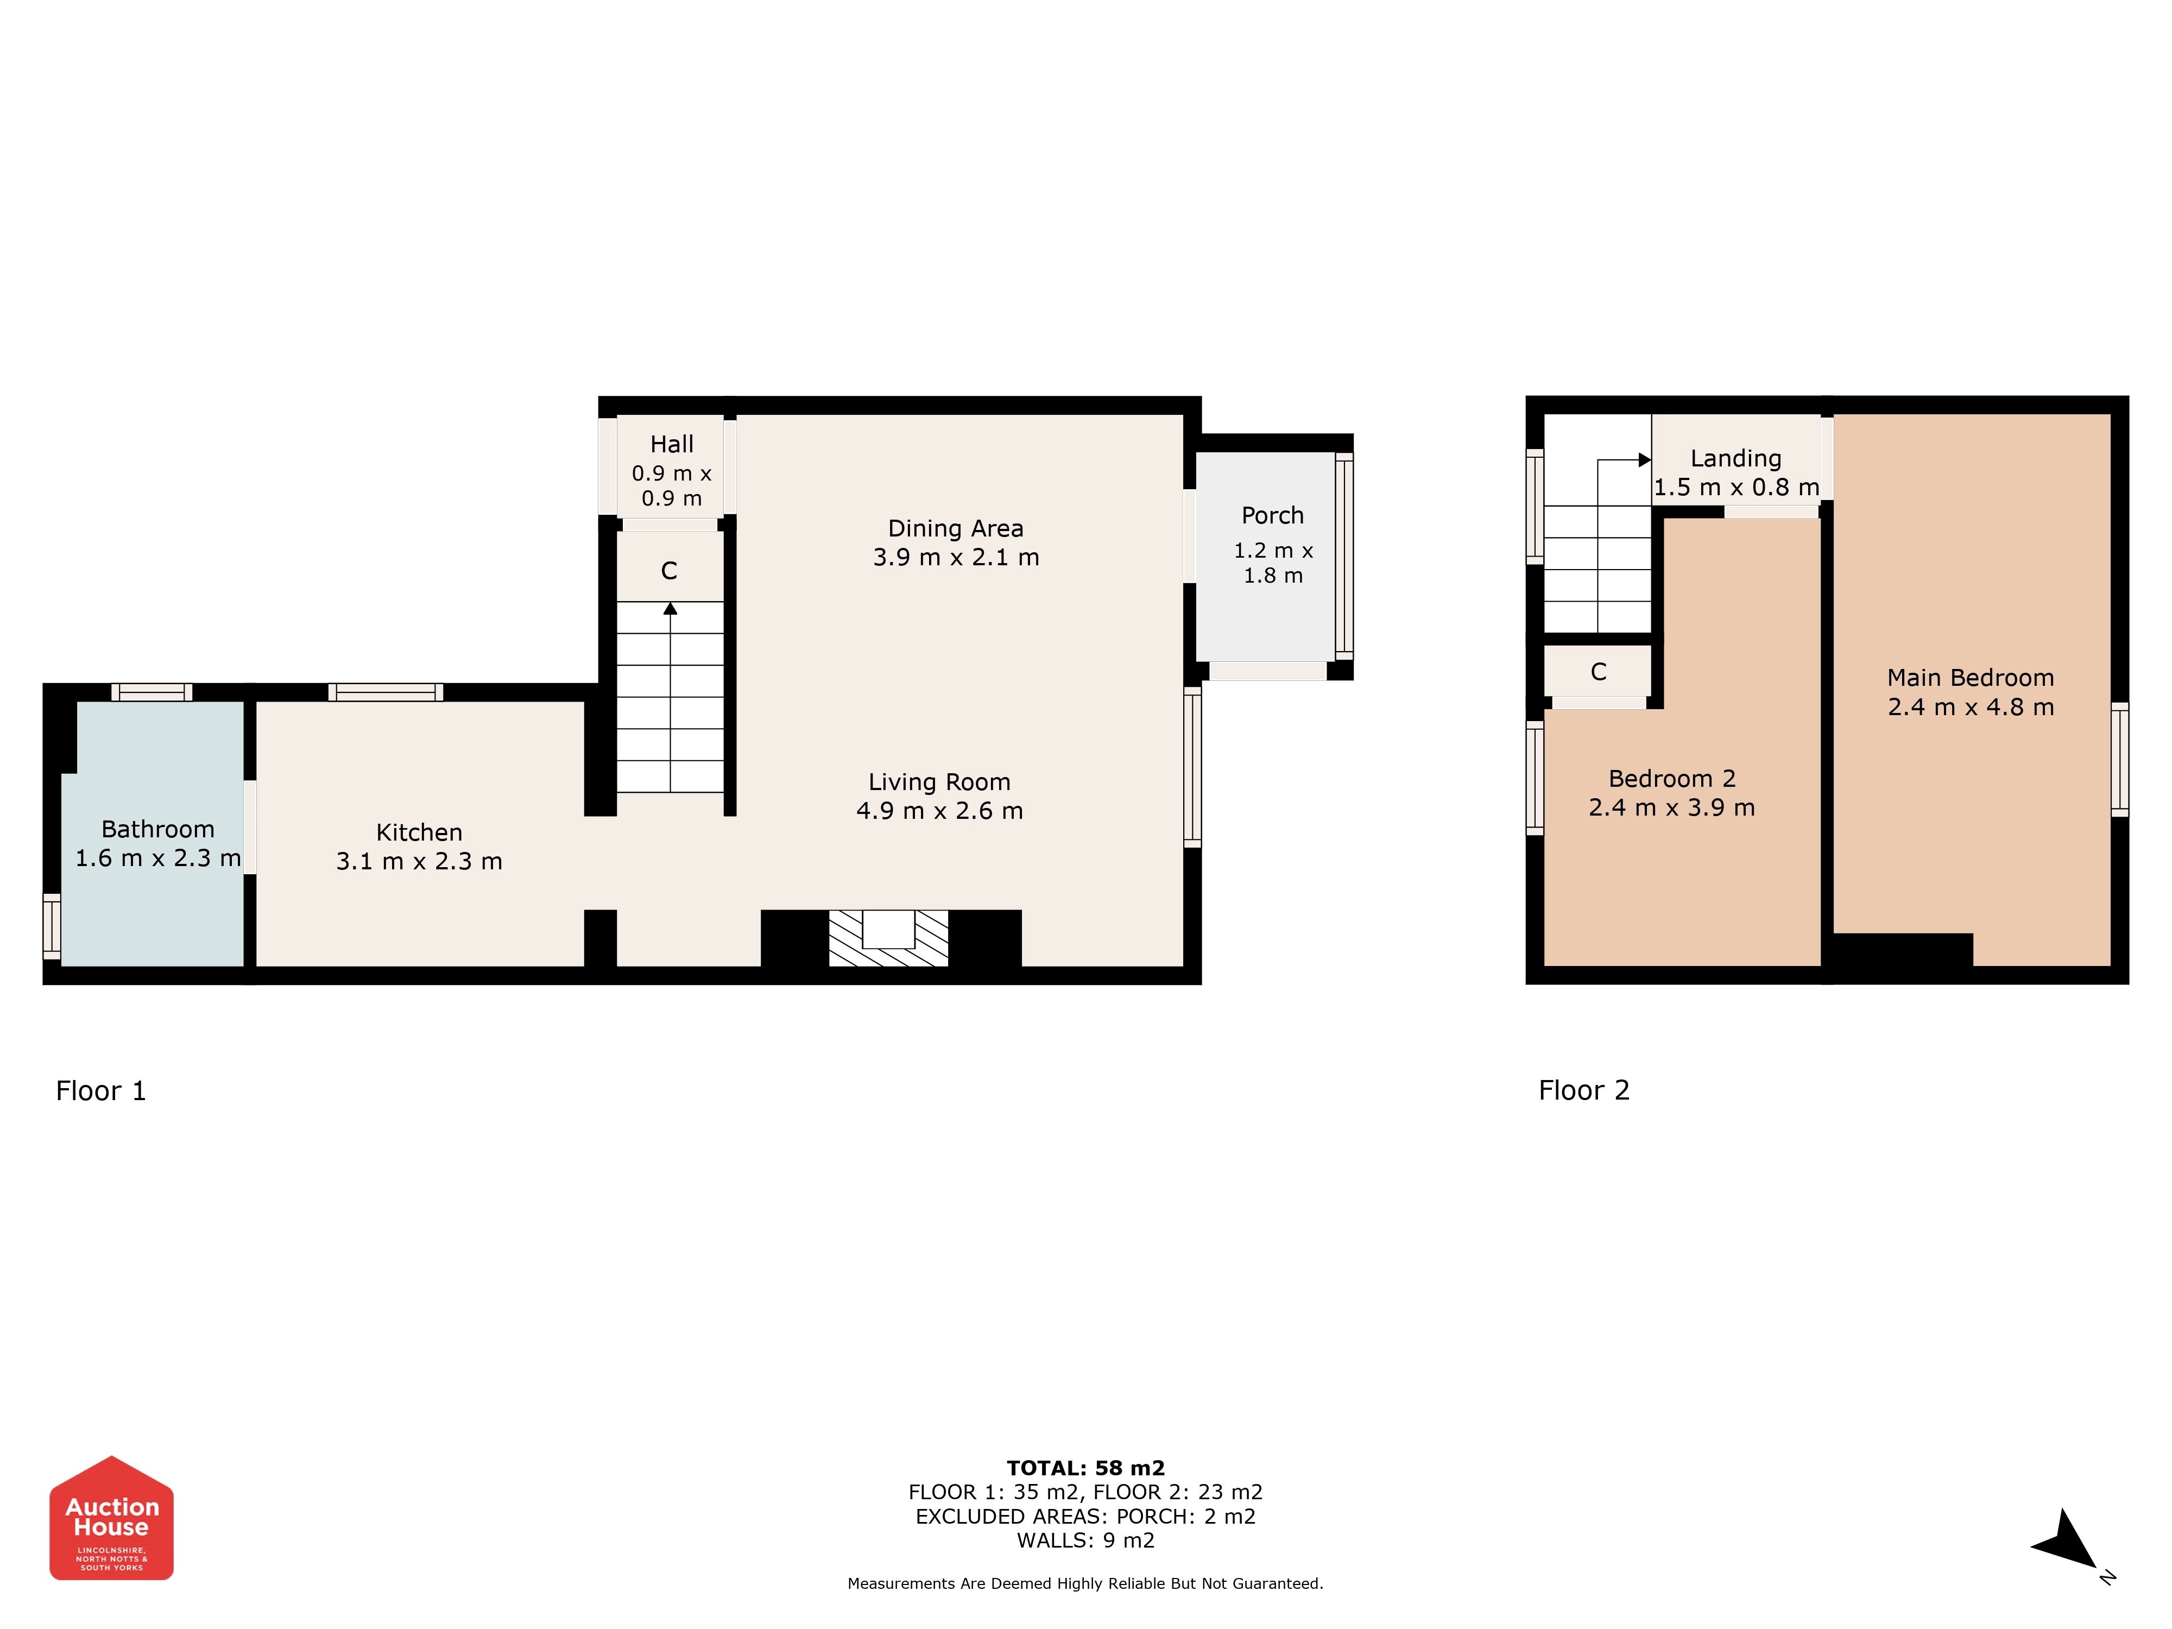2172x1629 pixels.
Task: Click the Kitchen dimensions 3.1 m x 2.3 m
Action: click(x=419, y=861)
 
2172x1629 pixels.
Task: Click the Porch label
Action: click(x=1273, y=515)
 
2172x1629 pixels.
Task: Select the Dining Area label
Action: click(x=955, y=528)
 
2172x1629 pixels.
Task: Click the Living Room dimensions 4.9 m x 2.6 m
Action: click(x=940, y=811)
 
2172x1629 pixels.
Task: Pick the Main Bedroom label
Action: click(x=1971, y=678)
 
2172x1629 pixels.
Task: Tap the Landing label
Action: click(x=1736, y=458)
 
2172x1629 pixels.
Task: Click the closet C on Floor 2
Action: click(x=1599, y=672)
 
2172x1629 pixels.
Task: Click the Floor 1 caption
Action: click(x=101, y=1091)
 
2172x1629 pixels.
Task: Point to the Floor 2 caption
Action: click(x=1584, y=1090)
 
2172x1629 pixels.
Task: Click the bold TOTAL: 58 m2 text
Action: click(x=1086, y=1468)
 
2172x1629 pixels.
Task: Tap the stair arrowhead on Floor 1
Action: click(x=671, y=609)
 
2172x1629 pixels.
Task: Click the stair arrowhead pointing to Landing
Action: click(x=1645, y=459)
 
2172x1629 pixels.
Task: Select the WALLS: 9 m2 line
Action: click(x=1086, y=1540)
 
